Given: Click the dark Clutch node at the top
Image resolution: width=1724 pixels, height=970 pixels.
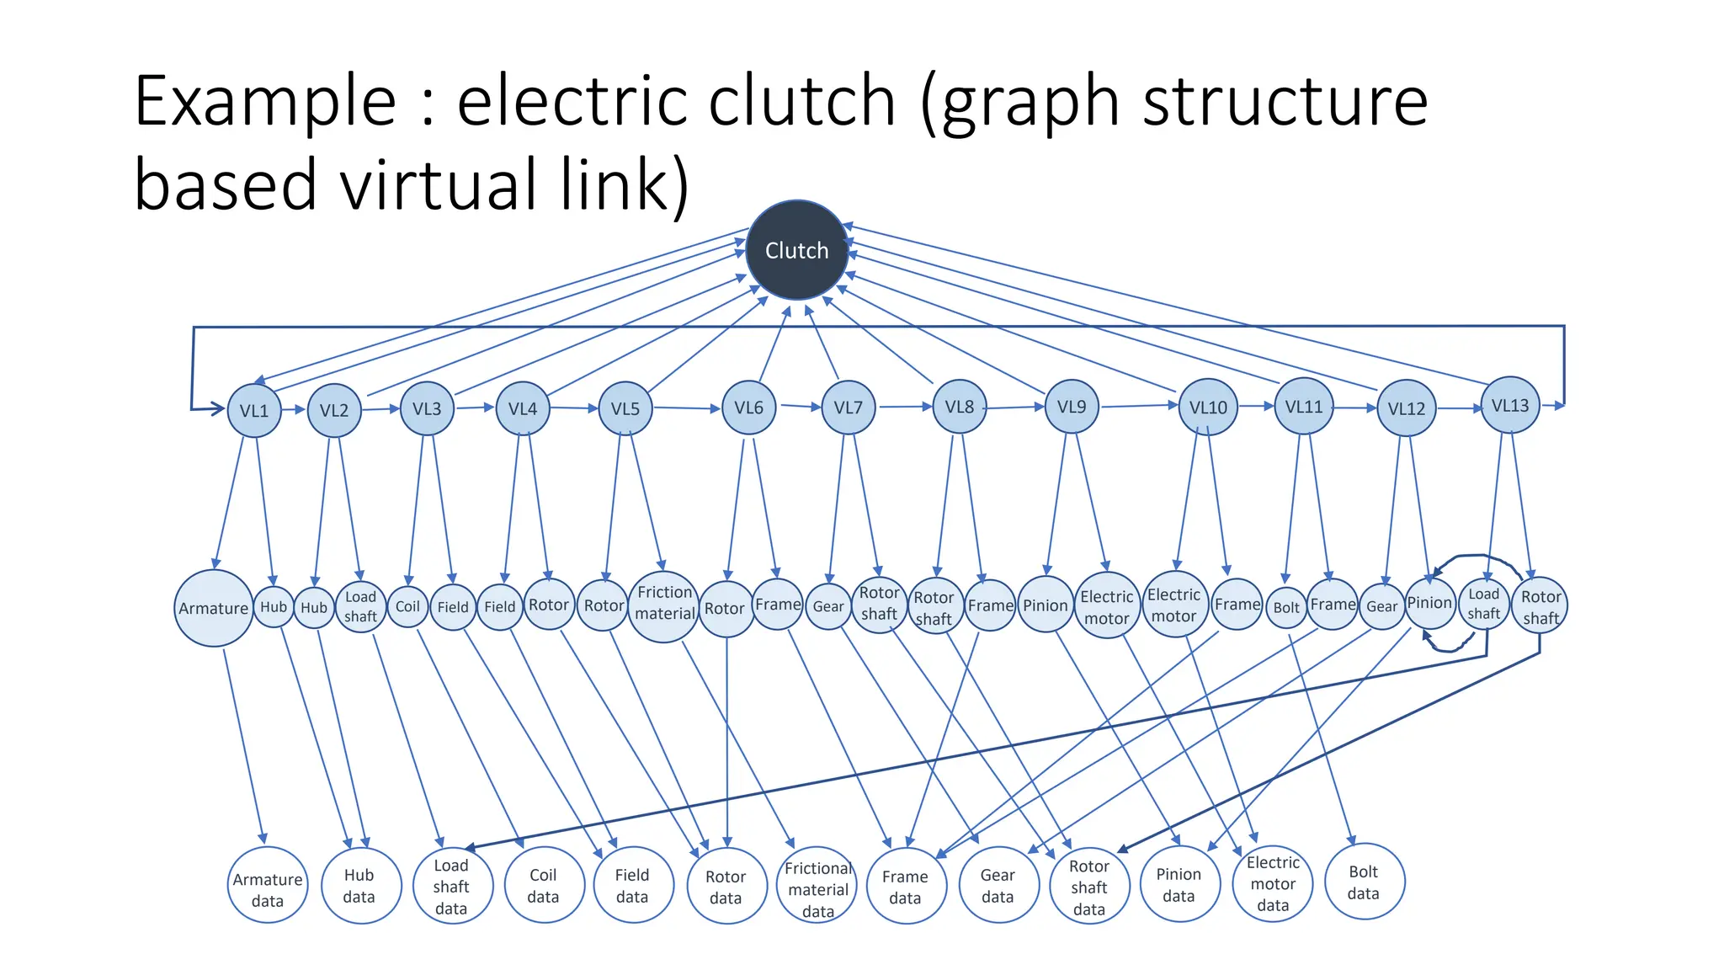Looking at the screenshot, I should point(796,250).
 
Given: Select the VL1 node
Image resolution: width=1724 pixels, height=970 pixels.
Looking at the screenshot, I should point(254,410).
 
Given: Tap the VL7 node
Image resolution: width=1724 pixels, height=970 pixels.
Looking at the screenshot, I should point(848,408).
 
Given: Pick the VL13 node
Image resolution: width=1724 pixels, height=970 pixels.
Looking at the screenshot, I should point(1509,405).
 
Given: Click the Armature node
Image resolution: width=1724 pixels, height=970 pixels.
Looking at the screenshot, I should point(214,608).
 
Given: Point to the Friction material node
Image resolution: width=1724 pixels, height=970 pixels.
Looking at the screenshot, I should point(664,603).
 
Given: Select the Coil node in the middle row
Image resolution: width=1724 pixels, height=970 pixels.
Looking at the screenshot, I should point(407,606).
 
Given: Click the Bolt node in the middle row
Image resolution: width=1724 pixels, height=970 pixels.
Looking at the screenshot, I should point(1286,607).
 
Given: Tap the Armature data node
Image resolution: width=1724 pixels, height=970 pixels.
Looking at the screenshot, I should point(268,888).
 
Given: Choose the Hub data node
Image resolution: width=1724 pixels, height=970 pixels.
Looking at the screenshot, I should point(359,885).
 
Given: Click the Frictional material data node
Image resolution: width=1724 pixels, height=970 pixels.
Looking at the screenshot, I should point(817,888).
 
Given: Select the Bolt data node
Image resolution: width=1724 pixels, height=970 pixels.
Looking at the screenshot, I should point(1363,882).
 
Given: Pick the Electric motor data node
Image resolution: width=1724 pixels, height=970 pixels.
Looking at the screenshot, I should point(1272,883).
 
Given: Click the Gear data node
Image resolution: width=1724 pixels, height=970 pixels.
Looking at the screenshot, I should point(998,885).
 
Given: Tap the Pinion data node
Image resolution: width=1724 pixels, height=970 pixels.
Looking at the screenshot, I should point(1179,884).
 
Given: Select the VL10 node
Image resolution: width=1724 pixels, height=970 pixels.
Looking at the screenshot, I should point(1208,407).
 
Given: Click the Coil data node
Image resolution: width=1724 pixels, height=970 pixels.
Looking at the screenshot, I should point(543,885).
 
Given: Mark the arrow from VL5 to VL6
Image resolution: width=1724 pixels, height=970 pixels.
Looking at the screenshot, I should point(687,408).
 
